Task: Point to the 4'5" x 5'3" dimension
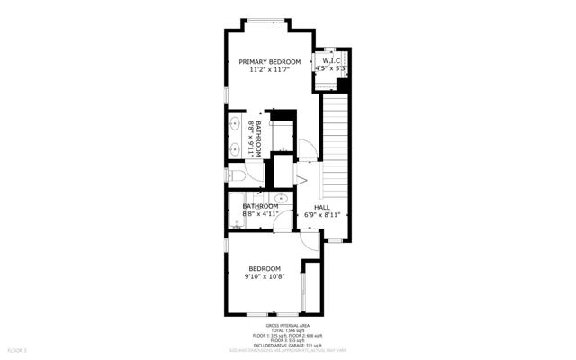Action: (x=330, y=68)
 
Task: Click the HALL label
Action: (x=321, y=207)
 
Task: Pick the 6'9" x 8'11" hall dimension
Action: (x=321, y=215)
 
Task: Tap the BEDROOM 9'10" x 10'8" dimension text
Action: (x=265, y=276)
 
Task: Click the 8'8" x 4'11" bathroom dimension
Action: (x=260, y=214)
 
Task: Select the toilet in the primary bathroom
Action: (x=232, y=175)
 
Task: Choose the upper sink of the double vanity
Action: (x=234, y=125)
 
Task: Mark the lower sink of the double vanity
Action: (x=234, y=148)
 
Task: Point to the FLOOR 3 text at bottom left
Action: (x=17, y=349)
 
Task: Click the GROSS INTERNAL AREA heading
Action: (x=288, y=326)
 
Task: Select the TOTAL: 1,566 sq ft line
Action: (x=288, y=331)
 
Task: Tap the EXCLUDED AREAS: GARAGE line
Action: (x=288, y=345)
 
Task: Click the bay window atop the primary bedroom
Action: (x=268, y=20)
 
